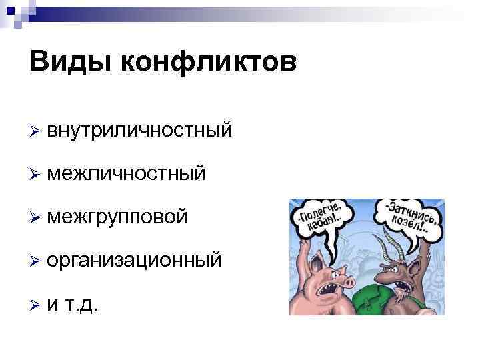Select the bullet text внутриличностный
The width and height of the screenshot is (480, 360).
(x=140, y=130)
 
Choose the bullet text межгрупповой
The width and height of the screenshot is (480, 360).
(x=117, y=217)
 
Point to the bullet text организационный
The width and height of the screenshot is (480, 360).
(x=134, y=260)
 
